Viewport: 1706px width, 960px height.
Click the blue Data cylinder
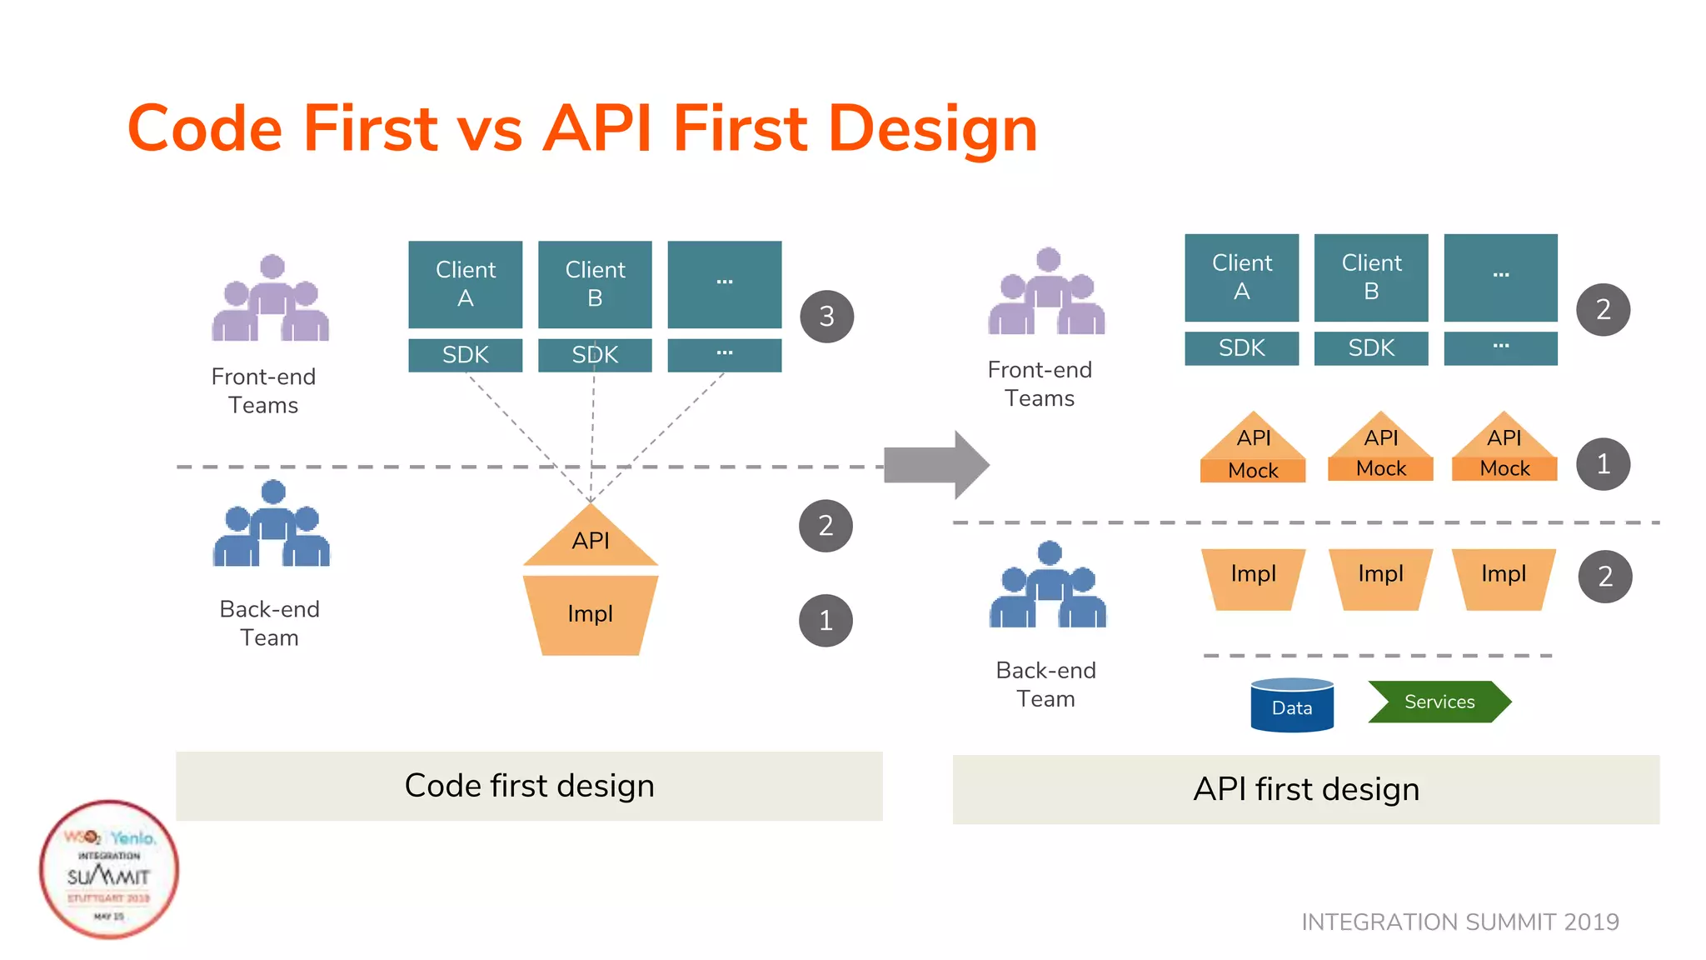(x=1292, y=706)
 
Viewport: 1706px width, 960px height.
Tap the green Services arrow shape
(x=1439, y=702)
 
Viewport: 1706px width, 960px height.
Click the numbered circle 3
(x=826, y=317)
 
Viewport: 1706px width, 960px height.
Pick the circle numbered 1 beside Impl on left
(x=826, y=620)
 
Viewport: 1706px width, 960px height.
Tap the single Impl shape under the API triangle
(x=591, y=614)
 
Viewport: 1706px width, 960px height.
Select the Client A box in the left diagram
(x=465, y=284)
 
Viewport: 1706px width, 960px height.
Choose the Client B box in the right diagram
(x=1371, y=277)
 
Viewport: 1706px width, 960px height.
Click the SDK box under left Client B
(x=595, y=355)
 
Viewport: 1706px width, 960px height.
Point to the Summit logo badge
(x=109, y=870)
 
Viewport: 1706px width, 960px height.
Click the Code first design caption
(x=529, y=786)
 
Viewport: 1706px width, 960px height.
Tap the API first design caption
(x=1305, y=789)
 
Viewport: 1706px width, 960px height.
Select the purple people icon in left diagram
(x=271, y=300)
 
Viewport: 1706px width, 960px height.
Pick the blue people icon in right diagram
(x=1048, y=587)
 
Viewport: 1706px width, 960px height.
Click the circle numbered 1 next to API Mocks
(x=1603, y=463)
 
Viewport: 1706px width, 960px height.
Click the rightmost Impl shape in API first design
(x=1504, y=577)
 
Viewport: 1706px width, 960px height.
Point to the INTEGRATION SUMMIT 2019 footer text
(x=1459, y=922)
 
